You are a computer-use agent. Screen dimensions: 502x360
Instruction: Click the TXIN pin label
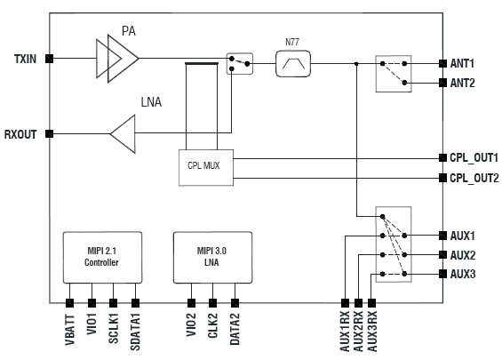point(25,59)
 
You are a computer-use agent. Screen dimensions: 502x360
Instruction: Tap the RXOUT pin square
point(49,133)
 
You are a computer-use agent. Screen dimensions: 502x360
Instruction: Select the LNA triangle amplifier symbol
point(123,134)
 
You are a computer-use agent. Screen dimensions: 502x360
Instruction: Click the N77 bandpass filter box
point(293,63)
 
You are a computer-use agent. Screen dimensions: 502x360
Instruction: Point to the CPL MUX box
point(206,167)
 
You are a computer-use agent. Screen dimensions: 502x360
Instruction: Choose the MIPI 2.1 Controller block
point(102,258)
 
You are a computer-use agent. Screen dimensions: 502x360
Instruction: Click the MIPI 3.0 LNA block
point(212,258)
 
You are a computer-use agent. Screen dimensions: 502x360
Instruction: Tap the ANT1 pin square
point(442,63)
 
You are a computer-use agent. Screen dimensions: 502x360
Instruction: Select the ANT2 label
point(462,84)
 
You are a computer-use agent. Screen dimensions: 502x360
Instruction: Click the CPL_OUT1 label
point(474,158)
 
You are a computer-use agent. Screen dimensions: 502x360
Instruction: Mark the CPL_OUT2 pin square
point(442,178)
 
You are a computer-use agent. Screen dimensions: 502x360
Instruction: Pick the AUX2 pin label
point(463,255)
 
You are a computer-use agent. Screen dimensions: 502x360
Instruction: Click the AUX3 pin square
point(442,274)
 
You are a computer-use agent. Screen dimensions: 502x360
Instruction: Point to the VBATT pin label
point(70,330)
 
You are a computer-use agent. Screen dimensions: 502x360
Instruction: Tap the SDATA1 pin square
point(135,303)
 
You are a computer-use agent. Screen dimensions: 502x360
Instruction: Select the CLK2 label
point(212,325)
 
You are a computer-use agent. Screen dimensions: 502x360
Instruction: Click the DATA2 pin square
point(235,303)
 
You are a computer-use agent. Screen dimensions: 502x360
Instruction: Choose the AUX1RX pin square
point(345,303)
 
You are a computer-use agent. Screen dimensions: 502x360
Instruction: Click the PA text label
point(129,31)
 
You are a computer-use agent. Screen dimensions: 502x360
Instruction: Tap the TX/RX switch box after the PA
point(240,64)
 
